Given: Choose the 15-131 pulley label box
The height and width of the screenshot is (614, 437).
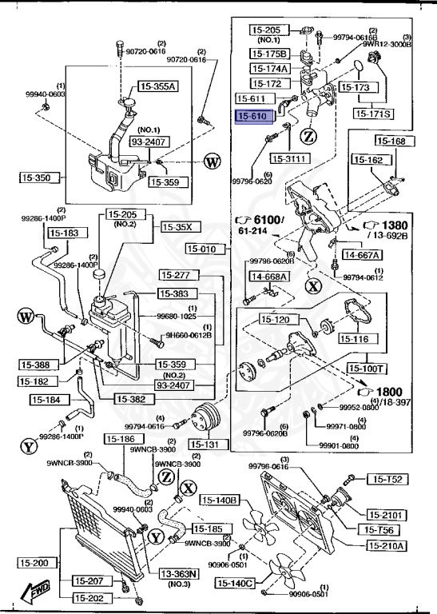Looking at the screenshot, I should (x=205, y=444).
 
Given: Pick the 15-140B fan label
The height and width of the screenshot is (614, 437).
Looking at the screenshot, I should (x=220, y=500).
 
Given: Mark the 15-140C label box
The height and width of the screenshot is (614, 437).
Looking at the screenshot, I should (x=233, y=584).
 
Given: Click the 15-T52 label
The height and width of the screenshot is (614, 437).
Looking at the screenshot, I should (x=387, y=479).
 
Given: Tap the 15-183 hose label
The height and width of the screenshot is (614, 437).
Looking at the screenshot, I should (x=66, y=233).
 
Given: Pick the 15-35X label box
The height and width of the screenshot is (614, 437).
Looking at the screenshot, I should (x=177, y=227).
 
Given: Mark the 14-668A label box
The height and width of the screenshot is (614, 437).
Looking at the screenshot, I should (x=270, y=277).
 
